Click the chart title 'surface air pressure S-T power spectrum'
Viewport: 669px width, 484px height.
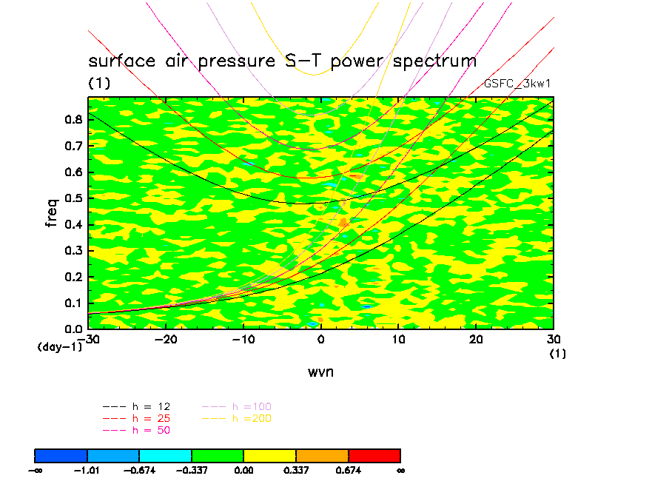click(282, 61)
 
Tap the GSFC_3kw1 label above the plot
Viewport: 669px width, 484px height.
click(517, 84)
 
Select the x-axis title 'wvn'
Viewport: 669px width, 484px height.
click(320, 372)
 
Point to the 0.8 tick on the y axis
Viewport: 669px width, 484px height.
click(73, 120)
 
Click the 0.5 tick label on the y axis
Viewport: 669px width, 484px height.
click(73, 198)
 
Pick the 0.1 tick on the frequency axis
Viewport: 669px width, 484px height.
click(73, 303)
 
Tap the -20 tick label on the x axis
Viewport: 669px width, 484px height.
click(166, 339)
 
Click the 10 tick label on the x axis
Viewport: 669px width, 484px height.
click(399, 339)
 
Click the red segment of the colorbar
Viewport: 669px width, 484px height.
click(374, 455)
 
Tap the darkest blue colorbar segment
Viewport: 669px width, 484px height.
click(61, 455)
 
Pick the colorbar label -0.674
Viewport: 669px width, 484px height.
click(140, 470)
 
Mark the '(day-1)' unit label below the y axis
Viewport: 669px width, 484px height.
click(59, 346)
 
